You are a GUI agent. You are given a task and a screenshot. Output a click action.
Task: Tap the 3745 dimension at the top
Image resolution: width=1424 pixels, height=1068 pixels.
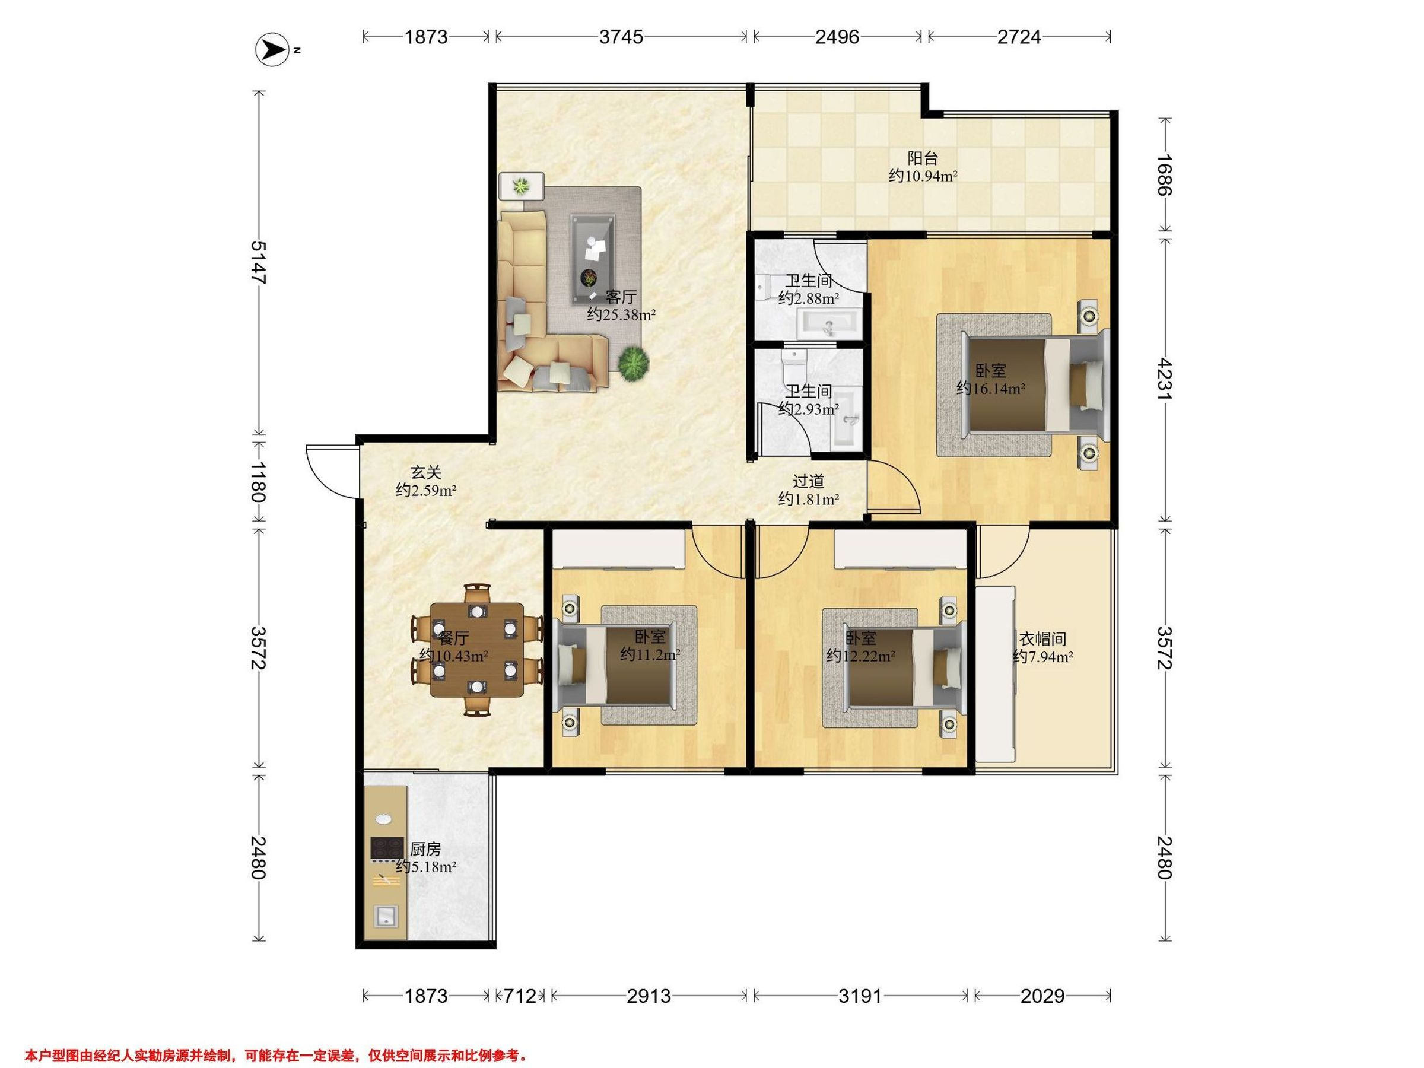621,37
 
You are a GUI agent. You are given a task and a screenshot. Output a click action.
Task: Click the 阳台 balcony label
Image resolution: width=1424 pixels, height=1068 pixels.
923,158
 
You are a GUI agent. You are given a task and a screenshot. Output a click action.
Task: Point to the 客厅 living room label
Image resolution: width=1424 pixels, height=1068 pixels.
621,297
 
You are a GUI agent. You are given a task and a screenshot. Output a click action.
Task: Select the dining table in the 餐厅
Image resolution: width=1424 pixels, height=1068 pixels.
477,650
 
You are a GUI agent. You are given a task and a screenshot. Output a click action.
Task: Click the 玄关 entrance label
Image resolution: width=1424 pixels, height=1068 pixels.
426,472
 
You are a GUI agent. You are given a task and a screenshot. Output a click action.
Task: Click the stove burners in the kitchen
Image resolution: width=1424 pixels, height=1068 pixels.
387,848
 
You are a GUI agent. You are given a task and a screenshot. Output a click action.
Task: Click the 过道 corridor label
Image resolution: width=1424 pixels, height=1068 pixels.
808,481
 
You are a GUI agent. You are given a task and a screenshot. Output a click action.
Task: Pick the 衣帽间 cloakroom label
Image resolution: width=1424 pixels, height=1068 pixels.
1043,638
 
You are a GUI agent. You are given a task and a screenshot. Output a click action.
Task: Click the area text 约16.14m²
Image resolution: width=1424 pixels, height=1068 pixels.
991,388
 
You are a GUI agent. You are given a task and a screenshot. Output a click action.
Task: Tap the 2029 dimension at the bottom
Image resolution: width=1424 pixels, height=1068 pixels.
1043,996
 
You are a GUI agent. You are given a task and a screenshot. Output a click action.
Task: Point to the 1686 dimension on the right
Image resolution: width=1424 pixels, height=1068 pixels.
1165,174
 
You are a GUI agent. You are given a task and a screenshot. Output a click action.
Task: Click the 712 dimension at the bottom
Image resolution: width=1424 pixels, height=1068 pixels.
520,996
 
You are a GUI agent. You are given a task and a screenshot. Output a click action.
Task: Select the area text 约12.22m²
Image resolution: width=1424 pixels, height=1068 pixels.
861,656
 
